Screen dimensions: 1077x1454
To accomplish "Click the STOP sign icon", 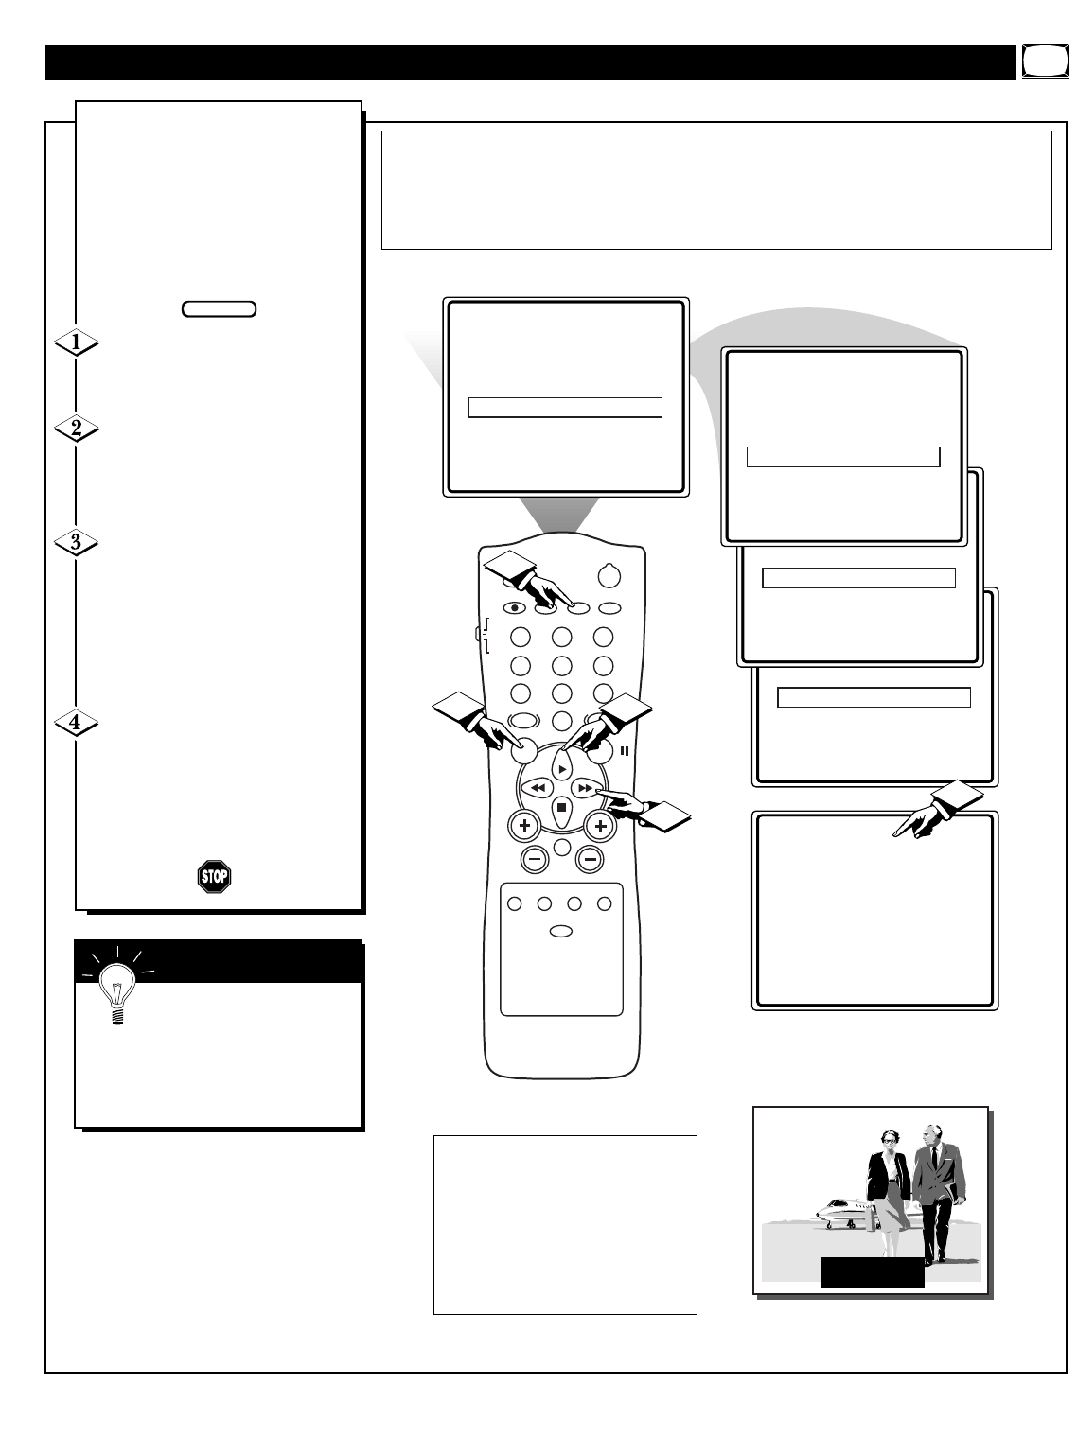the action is tap(214, 876).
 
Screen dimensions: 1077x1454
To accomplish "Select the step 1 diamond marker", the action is tap(76, 342).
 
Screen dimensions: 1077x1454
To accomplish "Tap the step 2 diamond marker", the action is tap(76, 429).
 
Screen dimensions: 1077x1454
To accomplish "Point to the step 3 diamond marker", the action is tap(76, 542).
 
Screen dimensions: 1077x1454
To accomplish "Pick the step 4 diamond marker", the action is tap(76, 723).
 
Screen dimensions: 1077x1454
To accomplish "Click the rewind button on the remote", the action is tap(538, 788).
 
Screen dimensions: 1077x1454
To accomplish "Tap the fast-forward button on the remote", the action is tap(586, 788).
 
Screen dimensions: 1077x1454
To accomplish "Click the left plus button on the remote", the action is tap(524, 826).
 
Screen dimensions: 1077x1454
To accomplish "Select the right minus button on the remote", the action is tap(590, 859).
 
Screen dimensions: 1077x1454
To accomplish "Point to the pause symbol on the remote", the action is tap(625, 751).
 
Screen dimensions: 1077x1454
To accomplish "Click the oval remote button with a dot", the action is tap(514, 608).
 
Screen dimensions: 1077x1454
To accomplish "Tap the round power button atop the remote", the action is tap(609, 575).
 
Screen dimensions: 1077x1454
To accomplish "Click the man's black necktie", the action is tap(934, 1160).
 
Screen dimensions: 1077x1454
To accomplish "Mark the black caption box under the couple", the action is tap(872, 1271).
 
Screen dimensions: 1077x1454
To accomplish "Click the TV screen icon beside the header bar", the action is tap(1046, 62).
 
